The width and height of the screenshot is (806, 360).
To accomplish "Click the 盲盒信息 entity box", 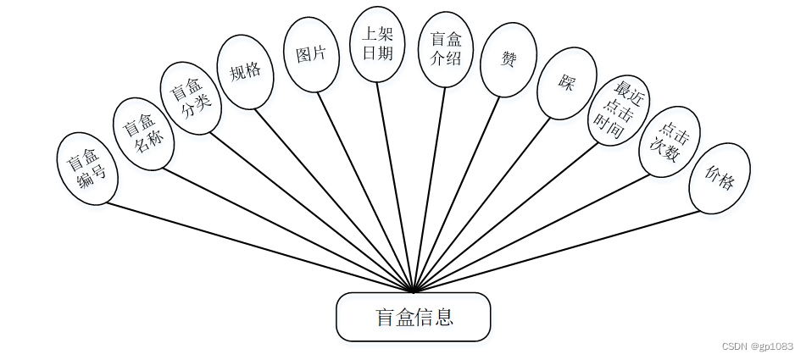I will coord(414,317).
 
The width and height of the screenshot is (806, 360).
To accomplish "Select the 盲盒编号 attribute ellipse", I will coord(87,169).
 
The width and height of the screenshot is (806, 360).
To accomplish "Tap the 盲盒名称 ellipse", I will coord(143,134).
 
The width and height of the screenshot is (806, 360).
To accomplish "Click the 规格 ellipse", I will coord(245,72).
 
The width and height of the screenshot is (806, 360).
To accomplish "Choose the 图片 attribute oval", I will coord(311,54).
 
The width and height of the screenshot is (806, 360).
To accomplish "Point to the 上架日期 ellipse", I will coord(377,44).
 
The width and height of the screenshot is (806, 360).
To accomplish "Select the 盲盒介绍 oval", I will coord(446,49).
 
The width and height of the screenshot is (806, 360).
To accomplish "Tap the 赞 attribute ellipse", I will coord(509,59).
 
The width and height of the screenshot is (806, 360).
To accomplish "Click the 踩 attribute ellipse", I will coord(567,83).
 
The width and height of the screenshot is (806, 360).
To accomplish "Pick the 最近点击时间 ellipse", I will coord(619,110).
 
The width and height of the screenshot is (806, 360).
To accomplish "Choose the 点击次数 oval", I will coord(670,141).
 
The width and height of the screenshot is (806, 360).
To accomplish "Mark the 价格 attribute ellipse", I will coord(720,178).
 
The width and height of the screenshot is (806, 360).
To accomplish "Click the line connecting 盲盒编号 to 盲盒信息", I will coord(254,246).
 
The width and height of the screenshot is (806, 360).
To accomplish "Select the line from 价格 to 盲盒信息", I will coord(559,250).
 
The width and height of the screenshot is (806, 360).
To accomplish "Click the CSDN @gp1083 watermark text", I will coord(757,346).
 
